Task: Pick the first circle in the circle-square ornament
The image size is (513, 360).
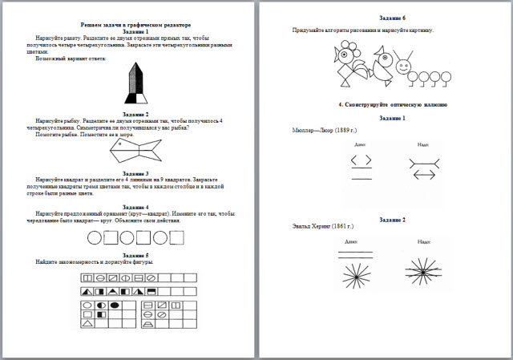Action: pos(94,237)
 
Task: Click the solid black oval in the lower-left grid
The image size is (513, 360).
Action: pos(115,305)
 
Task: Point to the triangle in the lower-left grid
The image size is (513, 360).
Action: pos(87,324)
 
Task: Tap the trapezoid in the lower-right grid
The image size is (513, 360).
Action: pos(148,324)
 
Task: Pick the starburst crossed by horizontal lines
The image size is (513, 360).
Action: pos(423,273)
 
